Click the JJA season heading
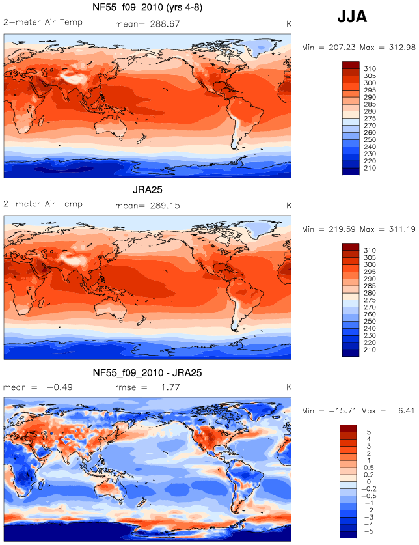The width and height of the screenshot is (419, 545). click(x=352, y=17)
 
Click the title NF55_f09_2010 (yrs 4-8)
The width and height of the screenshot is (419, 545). click(x=147, y=7)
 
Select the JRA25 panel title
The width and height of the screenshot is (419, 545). click(x=147, y=189)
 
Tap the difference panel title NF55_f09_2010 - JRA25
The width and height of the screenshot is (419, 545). click(x=147, y=373)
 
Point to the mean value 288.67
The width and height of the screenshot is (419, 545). click(x=165, y=24)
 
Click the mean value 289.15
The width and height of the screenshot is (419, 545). click(x=165, y=206)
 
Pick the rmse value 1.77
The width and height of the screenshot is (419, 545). click(x=170, y=387)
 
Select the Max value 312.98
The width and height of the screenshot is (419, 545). click(x=402, y=48)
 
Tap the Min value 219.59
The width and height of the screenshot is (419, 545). click(x=342, y=229)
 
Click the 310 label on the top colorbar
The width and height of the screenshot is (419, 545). click(x=370, y=69)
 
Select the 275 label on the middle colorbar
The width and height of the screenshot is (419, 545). click(x=370, y=300)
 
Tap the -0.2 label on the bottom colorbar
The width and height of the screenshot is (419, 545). click(x=369, y=489)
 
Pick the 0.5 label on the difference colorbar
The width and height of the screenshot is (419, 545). click(x=369, y=468)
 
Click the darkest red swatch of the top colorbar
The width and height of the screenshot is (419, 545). click(x=351, y=65)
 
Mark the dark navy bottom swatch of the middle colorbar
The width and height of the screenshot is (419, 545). click(x=351, y=353)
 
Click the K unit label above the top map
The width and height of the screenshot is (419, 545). click(x=289, y=24)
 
